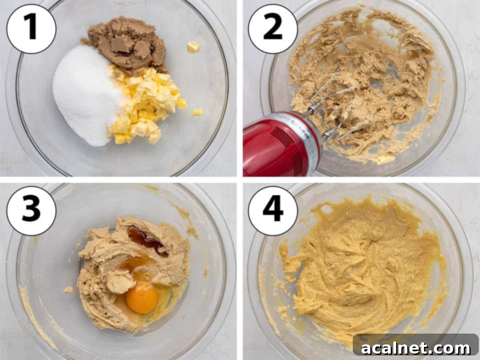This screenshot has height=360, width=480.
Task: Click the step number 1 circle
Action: pyautogui.click(x=32, y=28)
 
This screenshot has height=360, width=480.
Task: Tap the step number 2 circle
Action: pyautogui.click(x=273, y=28)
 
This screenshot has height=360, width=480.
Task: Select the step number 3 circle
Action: pyautogui.click(x=32, y=211)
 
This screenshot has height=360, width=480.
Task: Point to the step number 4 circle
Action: pyautogui.click(x=273, y=211)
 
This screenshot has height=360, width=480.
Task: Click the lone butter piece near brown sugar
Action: pyautogui.click(x=193, y=47)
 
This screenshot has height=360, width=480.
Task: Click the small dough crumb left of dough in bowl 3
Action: pyautogui.click(x=69, y=290)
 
